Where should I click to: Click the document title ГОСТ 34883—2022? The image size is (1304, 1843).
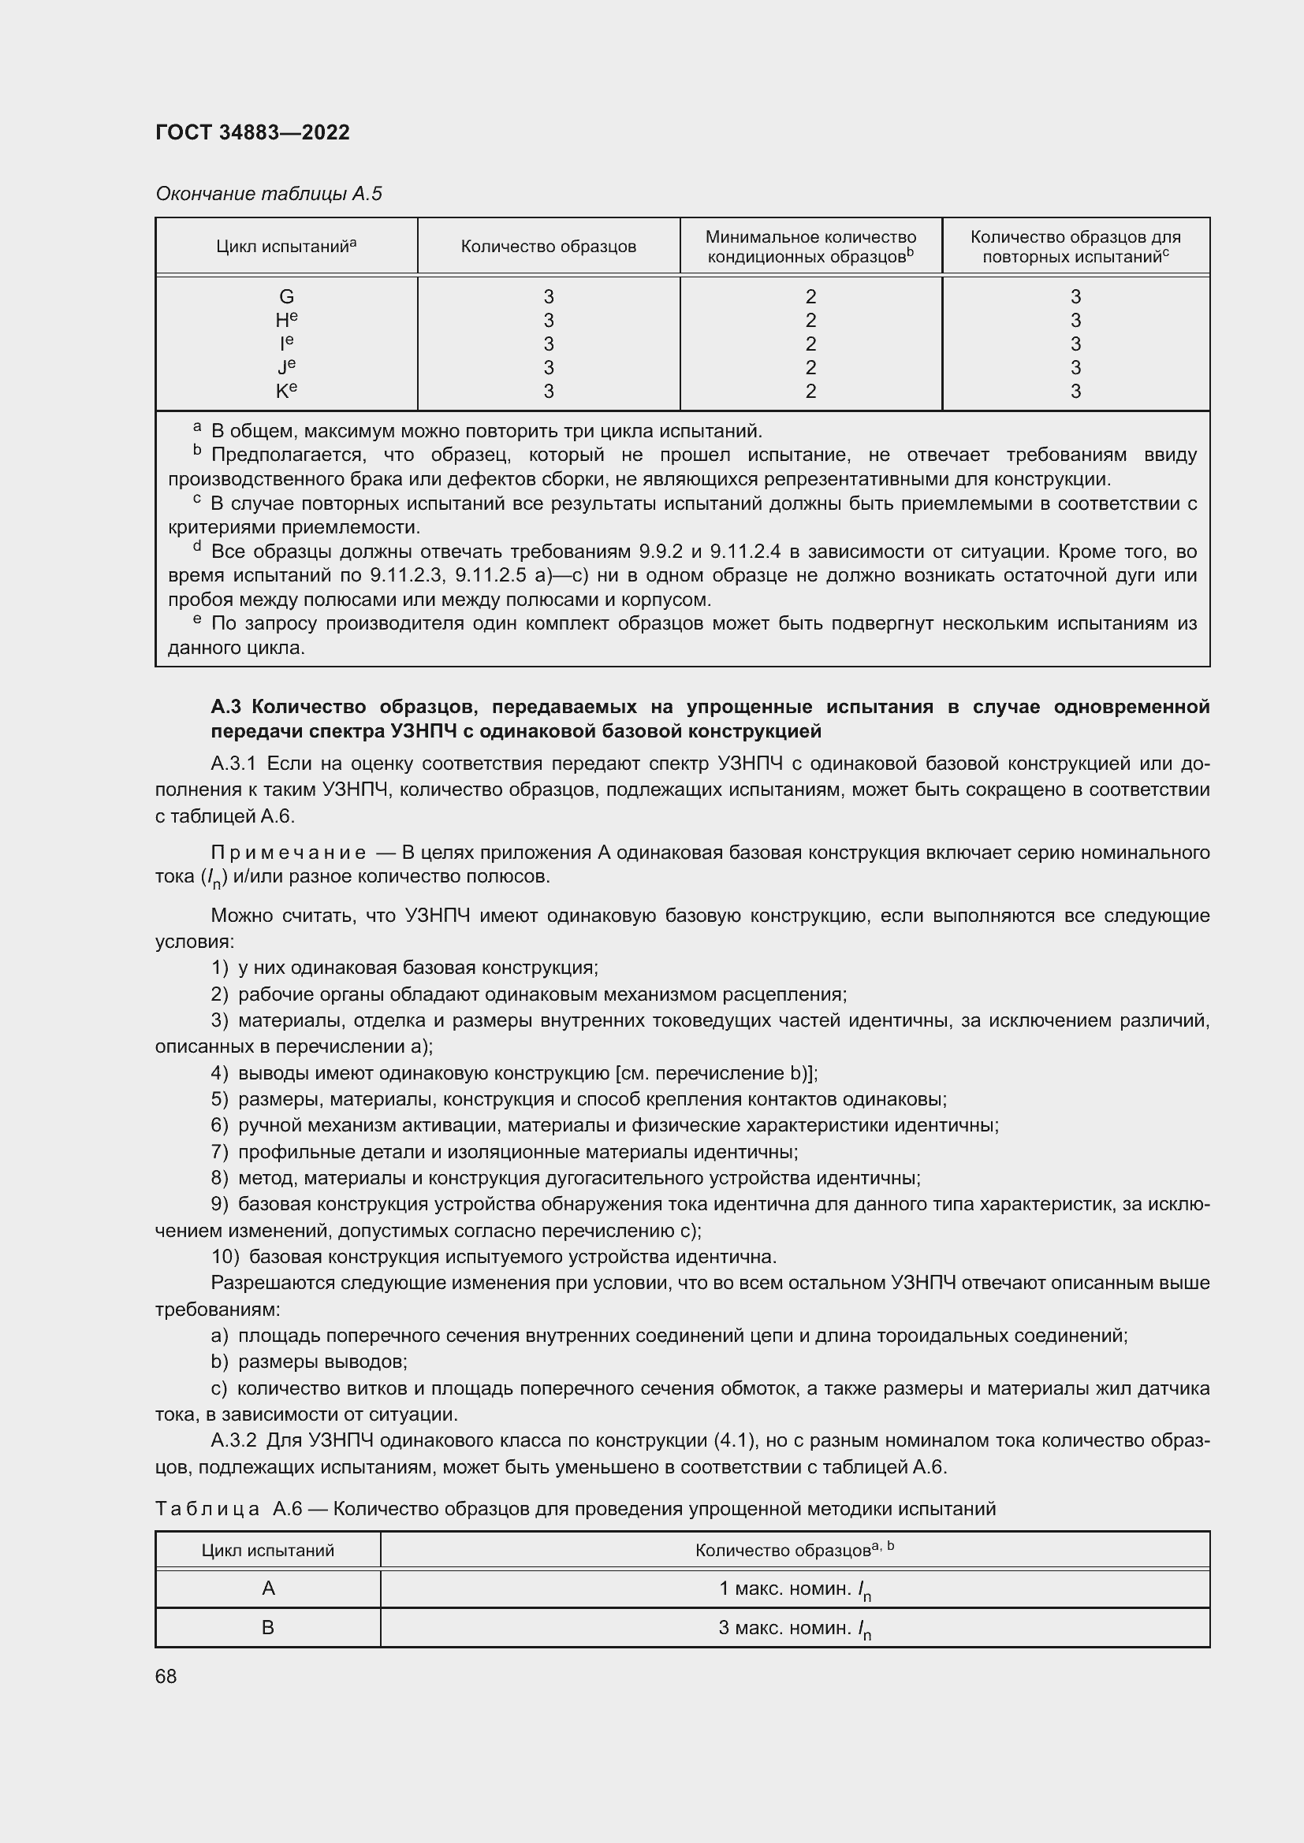pos(252,132)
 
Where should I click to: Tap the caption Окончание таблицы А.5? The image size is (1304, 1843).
pos(268,194)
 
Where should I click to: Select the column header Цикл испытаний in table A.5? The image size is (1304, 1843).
pos(286,247)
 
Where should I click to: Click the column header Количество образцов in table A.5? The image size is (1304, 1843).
pos(548,247)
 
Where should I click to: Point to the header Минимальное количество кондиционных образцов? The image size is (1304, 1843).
pos(810,247)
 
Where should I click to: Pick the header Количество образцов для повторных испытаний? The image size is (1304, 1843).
pos(1075,247)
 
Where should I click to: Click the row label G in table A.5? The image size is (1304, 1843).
pos(286,296)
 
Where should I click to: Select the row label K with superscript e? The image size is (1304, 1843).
pos(286,391)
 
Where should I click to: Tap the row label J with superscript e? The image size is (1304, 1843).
pos(286,368)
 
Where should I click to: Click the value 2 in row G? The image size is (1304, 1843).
pos(810,296)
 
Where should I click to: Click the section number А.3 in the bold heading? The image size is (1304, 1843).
pos(227,706)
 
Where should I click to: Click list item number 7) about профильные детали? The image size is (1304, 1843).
pos(219,1152)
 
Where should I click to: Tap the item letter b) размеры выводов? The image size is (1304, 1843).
pos(219,1362)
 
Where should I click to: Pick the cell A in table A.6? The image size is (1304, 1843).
pos(268,1588)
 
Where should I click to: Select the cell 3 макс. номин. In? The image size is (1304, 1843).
pos(794,1628)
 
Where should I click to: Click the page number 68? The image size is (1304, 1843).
pos(166,1676)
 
